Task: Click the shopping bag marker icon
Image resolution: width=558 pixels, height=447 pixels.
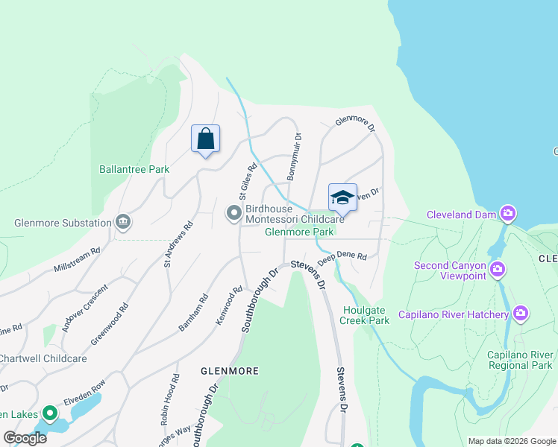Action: (x=205, y=139)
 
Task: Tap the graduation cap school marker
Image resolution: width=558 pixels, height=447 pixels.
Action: (x=342, y=198)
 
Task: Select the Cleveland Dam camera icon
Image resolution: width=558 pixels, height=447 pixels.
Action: (x=508, y=215)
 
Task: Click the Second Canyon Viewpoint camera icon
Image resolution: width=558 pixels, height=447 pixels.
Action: (x=498, y=268)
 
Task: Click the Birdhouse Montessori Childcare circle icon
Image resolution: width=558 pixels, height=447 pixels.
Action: (x=234, y=215)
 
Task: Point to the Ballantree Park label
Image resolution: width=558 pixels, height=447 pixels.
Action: (x=134, y=169)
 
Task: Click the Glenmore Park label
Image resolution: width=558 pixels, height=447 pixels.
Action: (x=299, y=232)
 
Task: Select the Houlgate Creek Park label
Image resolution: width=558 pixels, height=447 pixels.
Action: (x=365, y=315)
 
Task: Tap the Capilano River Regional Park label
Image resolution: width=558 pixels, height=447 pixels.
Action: (x=520, y=359)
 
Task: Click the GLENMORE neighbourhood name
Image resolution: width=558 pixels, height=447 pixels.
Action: (x=229, y=370)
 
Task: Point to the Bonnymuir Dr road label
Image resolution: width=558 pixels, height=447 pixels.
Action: (x=293, y=156)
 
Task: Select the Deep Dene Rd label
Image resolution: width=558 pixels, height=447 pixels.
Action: (x=342, y=258)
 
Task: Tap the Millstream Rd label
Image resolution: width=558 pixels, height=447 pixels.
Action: (x=77, y=261)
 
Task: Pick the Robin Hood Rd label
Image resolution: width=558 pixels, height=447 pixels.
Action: (x=169, y=399)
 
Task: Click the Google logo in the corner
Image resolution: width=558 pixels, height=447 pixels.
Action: (x=25, y=437)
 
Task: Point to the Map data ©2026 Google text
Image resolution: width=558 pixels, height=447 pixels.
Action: (x=511, y=441)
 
